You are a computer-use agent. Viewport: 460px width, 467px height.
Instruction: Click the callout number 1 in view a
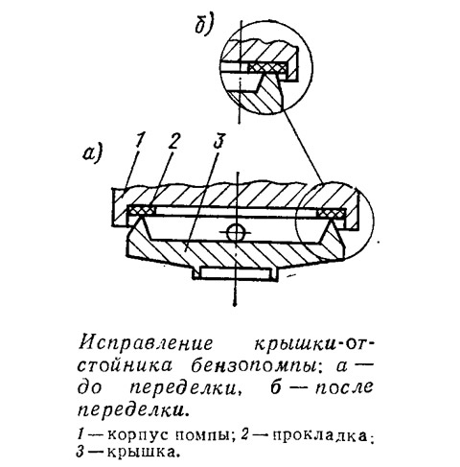[x=140, y=141]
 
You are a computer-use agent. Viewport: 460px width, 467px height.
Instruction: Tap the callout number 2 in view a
[x=172, y=141]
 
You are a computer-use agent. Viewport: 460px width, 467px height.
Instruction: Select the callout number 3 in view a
[x=218, y=141]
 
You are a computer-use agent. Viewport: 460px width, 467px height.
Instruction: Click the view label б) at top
[x=204, y=24]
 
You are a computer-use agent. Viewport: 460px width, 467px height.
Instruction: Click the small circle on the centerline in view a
[x=236, y=231]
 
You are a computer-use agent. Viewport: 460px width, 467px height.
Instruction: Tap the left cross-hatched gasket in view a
[x=141, y=211]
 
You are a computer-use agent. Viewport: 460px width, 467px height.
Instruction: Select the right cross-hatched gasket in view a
[x=331, y=213]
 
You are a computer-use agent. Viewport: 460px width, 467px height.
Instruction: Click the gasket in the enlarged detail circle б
[x=267, y=67]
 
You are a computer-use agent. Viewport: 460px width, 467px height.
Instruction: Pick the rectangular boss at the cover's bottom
[x=235, y=273]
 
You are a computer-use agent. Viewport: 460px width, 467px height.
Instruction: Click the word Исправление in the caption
[x=146, y=344]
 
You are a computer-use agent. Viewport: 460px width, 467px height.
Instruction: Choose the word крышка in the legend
[x=142, y=453]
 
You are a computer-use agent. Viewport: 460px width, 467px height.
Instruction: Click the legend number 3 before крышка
[x=80, y=452]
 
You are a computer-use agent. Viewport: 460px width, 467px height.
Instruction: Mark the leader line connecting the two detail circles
[x=303, y=146]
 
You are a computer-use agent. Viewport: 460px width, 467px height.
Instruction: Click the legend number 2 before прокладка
[x=244, y=435]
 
